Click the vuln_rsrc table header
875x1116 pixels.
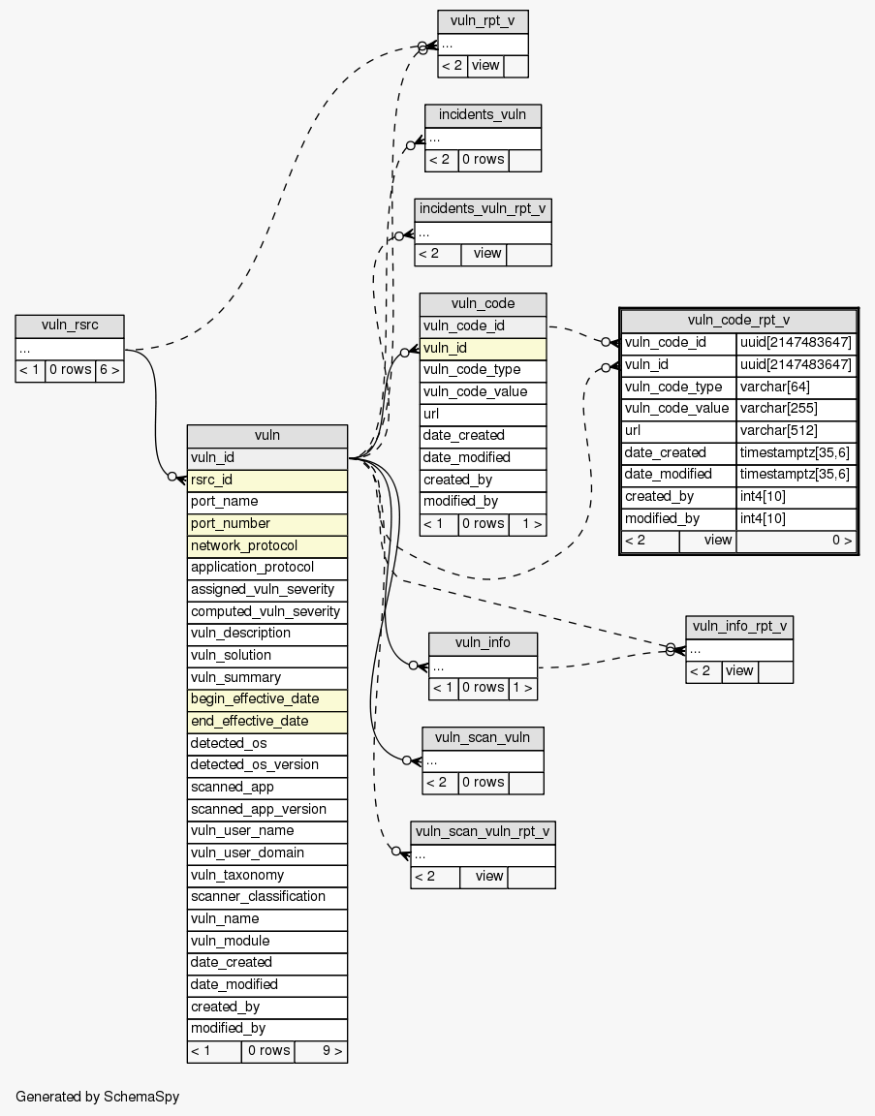click(x=70, y=325)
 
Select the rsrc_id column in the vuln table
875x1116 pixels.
click(x=266, y=480)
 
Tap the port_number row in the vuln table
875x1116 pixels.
click(x=266, y=523)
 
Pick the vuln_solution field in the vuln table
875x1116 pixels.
click(x=266, y=655)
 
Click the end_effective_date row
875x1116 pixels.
click(x=266, y=721)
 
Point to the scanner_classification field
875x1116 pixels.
click(x=266, y=896)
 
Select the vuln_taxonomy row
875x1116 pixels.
click(x=266, y=875)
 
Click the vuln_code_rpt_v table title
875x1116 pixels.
click(x=738, y=321)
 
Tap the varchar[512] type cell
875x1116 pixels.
click(x=797, y=430)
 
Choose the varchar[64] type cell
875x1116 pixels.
click(x=797, y=387)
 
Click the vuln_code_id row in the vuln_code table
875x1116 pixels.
click(x=483, y=326)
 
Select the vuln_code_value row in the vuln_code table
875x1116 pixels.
click(x=483, y=391)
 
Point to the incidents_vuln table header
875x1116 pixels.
click(x=483, y=114)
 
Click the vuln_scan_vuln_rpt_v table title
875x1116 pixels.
click(x=483, y=832)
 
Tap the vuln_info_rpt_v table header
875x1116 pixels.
click(x=739, y=627)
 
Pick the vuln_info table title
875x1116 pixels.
click(x=483, y=643)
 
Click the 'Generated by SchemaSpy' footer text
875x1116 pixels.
click(x=97, y=1097)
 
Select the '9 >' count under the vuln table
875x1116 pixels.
click(x=321, y=1050)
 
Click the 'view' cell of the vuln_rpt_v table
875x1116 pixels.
click(x=485, y=66)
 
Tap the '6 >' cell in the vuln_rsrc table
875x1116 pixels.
click(x=109, y=369)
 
